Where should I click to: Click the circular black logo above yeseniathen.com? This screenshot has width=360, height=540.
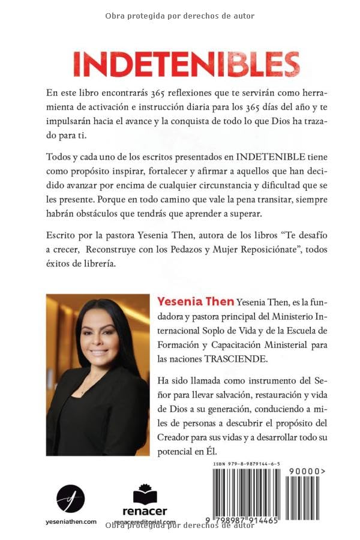pos(71,499)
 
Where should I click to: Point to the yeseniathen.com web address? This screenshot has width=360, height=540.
pos(71,521)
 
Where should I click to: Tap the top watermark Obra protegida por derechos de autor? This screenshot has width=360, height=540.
pos(179,16)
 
